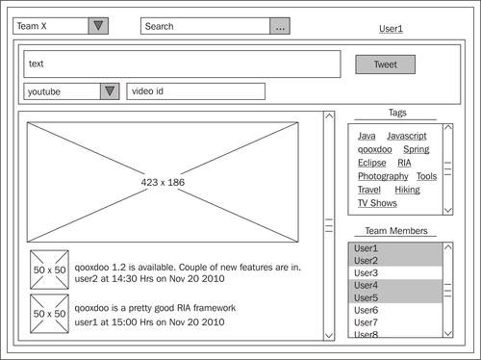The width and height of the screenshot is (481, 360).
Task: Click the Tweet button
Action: point(385,64)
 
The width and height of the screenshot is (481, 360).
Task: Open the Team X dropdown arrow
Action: point(98,26)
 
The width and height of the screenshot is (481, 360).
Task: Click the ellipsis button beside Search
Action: point(280,26)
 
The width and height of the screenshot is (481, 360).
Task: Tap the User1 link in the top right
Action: point(391,29)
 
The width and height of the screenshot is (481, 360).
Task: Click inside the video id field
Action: point(196,91)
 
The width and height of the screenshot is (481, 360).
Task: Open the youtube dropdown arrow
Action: point(110,91)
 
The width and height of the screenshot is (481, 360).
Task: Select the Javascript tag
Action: point(407,136)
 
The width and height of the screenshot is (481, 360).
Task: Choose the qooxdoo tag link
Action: point(375,149)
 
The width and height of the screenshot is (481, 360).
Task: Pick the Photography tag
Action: point(383,176)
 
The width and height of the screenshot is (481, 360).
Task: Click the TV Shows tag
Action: point(377,203)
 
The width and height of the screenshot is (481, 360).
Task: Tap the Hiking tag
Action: point(407,190)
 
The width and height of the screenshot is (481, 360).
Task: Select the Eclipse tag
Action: point(372,163)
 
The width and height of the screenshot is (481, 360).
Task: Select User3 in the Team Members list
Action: point(366,273)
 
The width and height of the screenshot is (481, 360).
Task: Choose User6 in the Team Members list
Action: point(366,310)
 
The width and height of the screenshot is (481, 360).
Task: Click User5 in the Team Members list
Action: point(366,297)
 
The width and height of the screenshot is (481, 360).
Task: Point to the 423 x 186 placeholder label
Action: point(163,182)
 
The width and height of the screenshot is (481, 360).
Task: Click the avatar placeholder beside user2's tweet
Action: point(49,270)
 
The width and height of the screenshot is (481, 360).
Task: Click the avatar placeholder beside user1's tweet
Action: point(49,314)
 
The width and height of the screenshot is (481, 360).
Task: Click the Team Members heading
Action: point(396,231)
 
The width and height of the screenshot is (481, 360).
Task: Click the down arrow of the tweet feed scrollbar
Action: point(329,336)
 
